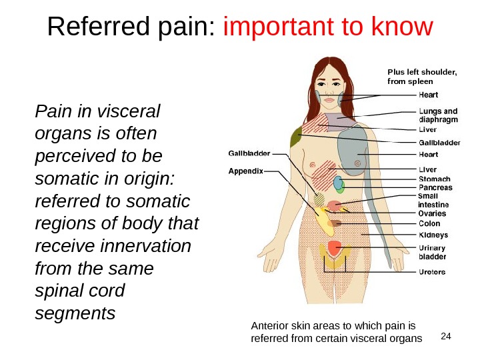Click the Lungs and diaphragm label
(438, 115)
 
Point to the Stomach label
(434, 179)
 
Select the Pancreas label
(435, 188)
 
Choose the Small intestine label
(433, 200)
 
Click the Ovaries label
(432, 213)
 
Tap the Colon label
(429, 224)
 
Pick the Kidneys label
(433, 235)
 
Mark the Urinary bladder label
(432, 251)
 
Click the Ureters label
(432, 272)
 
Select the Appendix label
(245, 171)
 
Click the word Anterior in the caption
(269, 327)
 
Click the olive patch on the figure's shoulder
(295, 137)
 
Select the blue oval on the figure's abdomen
(338, 183)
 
